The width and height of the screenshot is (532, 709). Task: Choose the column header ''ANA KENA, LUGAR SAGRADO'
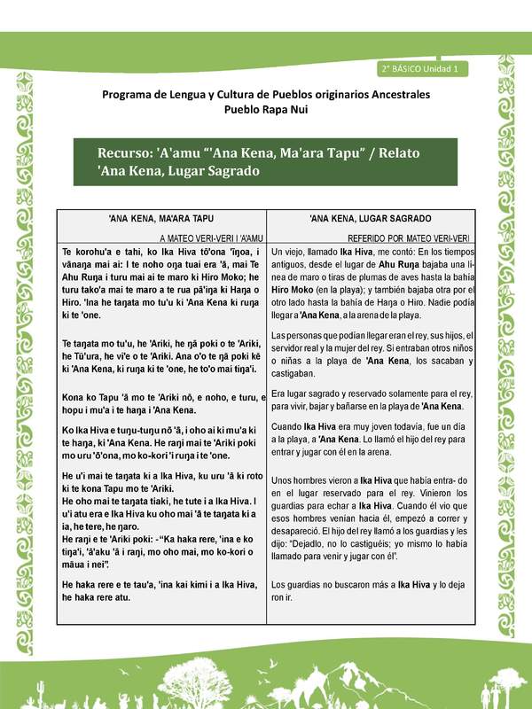pos(371,218)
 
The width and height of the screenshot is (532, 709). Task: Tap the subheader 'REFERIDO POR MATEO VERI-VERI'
pos(409,238)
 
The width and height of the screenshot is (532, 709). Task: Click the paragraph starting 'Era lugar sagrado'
pos(371,399)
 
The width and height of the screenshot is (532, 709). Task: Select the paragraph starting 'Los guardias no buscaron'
pos(371,590)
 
